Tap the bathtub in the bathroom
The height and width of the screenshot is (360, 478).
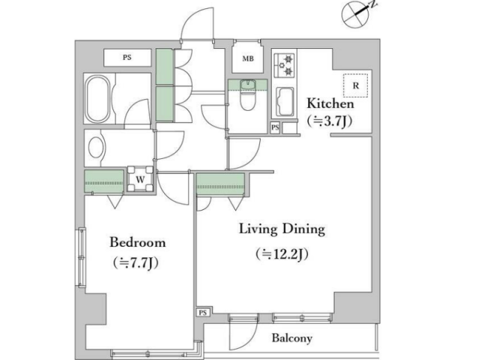[97, 98]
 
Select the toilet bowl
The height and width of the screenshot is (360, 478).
[247, 97]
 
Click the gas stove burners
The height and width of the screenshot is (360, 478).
[285, 65]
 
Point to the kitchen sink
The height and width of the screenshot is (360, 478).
[285, 102]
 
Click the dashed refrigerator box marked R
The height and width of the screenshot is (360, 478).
[355, 85]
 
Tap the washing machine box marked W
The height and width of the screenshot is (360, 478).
[140, 179]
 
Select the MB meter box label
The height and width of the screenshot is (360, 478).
[248, 58]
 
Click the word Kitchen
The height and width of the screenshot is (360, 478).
[330, 103]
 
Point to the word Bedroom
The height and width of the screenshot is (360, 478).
[138, 242]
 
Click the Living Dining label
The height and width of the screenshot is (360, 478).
[282, 229]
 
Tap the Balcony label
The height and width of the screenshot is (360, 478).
[292, 338]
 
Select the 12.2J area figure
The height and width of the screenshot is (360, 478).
[282, 253]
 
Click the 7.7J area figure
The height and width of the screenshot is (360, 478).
[136, 262]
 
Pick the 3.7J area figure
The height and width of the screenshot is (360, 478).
[330, 121]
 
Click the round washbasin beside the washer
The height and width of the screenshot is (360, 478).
[96, 147]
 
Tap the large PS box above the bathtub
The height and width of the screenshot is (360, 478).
[127, 57]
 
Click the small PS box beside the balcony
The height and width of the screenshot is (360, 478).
[203, 313]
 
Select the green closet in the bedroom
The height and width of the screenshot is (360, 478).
[104, 181]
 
